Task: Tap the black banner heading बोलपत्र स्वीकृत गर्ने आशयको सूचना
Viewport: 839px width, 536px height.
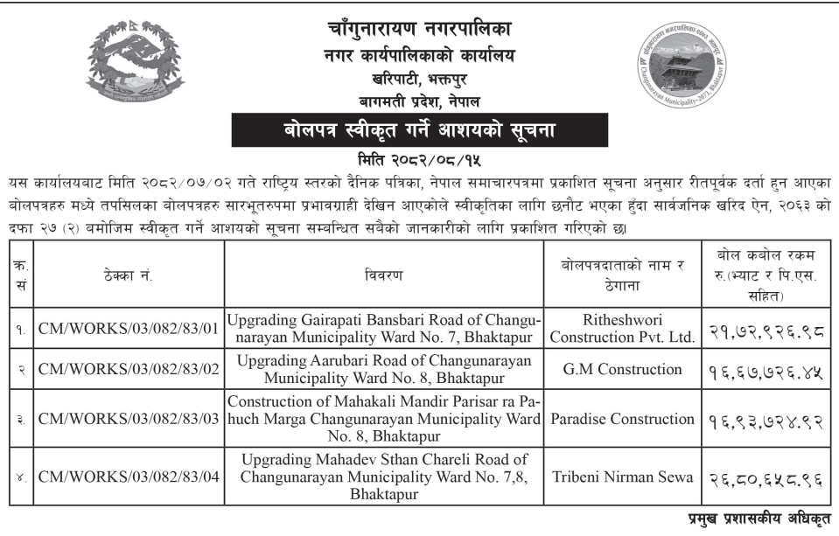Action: coord(419,132)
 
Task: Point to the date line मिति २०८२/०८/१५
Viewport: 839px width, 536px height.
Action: coord(420,161)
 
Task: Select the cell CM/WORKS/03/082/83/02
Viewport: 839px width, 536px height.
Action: coord(128,369)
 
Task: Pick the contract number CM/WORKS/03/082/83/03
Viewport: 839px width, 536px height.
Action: coord(128,419)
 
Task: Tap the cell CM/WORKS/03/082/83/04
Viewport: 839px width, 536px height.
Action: coord(128,477)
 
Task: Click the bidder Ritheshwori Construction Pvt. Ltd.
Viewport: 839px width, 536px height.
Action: coord(625,326)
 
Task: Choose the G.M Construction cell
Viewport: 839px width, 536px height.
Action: coord(625,369)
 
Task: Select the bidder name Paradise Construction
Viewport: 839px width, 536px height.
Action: coord(625,419)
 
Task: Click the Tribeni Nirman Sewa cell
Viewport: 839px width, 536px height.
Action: coord(625,477)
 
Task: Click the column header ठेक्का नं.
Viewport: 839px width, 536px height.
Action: coord(128,275)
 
